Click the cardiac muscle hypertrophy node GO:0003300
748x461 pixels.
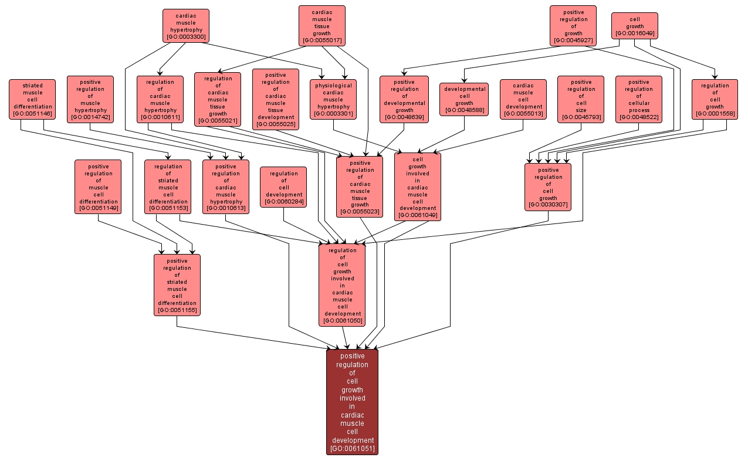pos(185,26)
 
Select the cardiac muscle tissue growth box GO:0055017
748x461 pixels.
pos(321,26)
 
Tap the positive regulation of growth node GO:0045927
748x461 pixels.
pos(573,26)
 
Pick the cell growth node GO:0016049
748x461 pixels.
pos(634,26)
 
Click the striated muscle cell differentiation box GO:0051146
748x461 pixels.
pos(32,100)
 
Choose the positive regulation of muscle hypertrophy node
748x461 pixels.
pos(90,100)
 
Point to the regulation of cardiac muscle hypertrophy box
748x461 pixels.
pos(160,100)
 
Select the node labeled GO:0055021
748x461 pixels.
pos(218,100)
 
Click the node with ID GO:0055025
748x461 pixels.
pos(275,100)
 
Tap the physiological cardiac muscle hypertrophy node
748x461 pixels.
pos(333,100)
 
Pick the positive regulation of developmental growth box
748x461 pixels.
pos(404,100)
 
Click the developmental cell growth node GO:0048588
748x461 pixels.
pos(464,100)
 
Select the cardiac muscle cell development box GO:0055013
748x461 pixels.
pos(523,100)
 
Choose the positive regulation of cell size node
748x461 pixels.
pos(581,100)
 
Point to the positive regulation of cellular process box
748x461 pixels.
pos(639,100)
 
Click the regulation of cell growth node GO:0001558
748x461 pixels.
pos(715,100)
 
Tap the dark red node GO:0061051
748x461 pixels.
pos(352,402)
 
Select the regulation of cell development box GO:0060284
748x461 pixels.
pos(283,187)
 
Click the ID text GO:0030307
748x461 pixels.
pos(548,205)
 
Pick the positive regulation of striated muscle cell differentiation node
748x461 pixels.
pos(177,285)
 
